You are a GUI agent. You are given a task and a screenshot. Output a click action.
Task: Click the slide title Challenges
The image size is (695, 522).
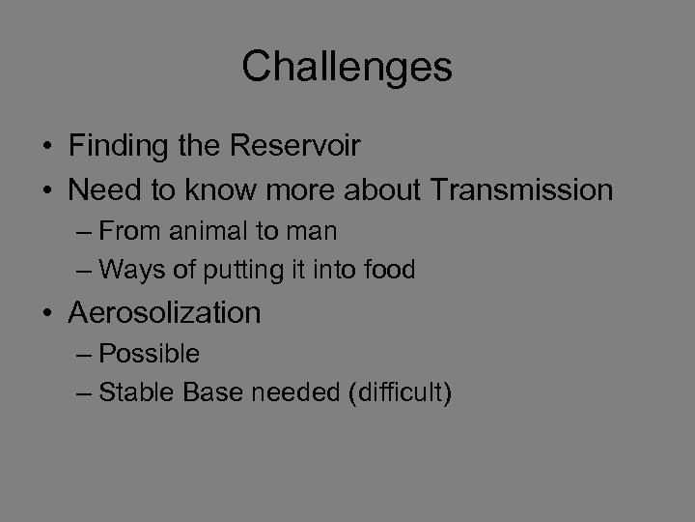click(x=347, y=67)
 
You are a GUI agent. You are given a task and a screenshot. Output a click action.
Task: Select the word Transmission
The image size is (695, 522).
click(x=521, y=190)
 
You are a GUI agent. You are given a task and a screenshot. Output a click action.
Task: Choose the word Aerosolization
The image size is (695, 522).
click(x=164, y=313)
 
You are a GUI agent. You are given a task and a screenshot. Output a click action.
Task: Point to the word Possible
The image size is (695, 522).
click(x=150, y=354)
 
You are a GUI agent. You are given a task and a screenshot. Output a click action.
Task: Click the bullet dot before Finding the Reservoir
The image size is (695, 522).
click(x=48, y=148)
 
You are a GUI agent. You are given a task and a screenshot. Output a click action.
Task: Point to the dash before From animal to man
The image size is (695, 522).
click(x=84, y=232)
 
